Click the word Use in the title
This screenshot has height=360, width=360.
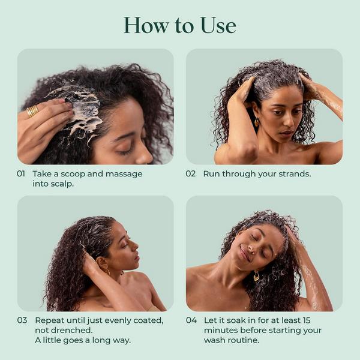point(217,25)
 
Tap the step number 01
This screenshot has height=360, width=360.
point(22,173)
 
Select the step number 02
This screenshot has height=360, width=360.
point(191,173)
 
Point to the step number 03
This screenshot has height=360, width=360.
point(22,320)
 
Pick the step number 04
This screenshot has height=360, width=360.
point(191,320)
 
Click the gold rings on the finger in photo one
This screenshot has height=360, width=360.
point(32,111)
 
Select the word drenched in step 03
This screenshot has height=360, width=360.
point(71,331)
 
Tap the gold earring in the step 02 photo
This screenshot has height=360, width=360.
point(257,122)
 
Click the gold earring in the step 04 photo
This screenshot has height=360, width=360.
point(256,277)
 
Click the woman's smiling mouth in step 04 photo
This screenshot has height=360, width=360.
point(245,254)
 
